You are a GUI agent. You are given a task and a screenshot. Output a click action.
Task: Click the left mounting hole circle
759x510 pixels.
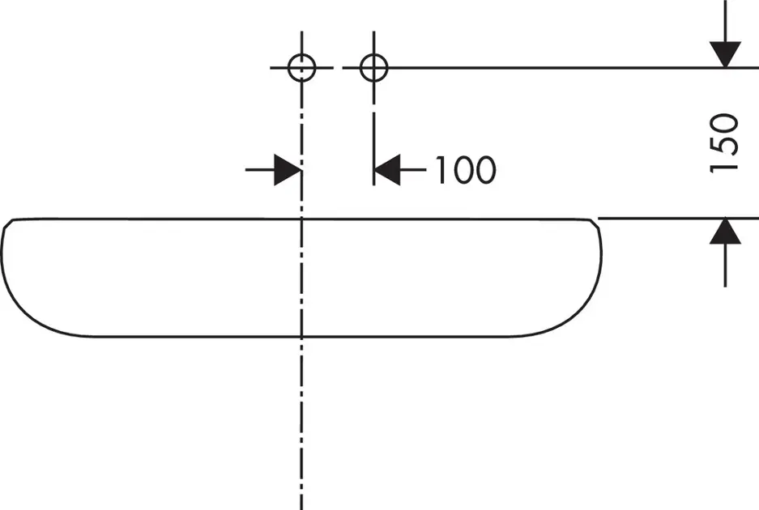302,68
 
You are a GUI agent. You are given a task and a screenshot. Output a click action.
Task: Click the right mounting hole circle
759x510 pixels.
373,68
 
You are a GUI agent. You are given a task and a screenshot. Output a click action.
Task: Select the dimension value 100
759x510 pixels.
464,170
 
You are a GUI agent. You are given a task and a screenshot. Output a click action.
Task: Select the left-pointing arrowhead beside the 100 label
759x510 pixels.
388,170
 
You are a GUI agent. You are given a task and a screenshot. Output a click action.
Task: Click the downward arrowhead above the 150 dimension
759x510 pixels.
725,53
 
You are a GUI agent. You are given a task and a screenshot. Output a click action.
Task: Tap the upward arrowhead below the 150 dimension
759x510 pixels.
725,232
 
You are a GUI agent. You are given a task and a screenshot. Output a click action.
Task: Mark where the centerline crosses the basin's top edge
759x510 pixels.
302,219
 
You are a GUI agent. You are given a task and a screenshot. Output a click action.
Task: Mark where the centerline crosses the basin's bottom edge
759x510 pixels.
302,336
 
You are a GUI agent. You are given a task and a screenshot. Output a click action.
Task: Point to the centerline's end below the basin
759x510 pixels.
302,505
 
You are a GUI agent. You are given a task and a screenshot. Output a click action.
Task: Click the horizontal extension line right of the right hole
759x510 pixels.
551,68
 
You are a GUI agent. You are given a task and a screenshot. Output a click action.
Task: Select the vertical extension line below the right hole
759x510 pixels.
373,146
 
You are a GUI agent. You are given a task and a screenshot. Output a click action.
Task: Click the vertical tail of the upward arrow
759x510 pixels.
725,267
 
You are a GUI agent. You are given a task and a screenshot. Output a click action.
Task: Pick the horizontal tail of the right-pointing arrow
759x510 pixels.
259,170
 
